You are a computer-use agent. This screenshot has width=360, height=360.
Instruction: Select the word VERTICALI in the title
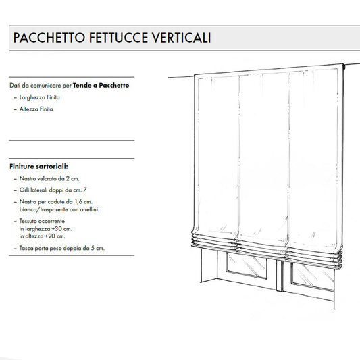point(182,38)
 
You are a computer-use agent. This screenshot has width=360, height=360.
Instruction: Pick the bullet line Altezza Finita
point(36,109)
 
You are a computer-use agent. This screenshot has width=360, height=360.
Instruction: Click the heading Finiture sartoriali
point(38,165)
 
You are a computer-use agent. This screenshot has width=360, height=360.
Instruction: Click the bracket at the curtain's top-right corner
point(342,68)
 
